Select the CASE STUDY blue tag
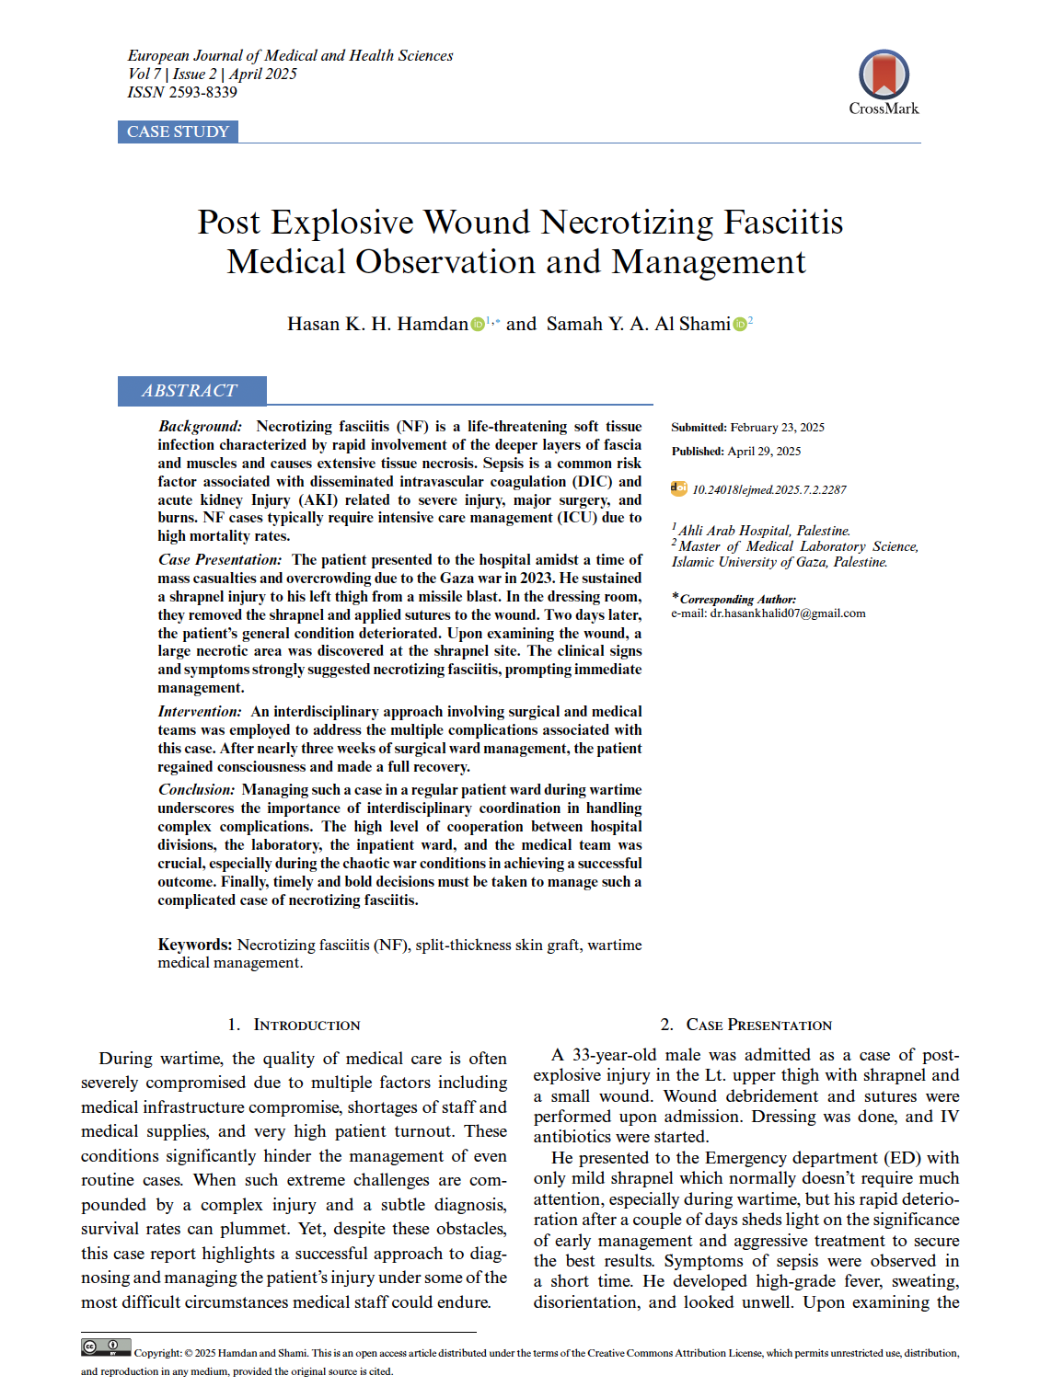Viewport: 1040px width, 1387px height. click(178, 132)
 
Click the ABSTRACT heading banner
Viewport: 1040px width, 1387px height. click(191, 391)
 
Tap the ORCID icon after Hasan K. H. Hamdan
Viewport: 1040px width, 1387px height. click(478, 325)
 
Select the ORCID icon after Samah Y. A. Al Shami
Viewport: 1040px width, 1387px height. click(739, 325)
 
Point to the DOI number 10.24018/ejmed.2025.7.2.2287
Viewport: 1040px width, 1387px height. click(768, 489)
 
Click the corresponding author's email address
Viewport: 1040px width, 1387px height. click(787, 613)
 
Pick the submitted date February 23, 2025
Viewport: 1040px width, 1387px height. click(777, 428)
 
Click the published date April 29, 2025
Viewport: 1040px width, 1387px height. click(764, 452)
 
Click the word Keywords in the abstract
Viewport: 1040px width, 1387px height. click(194, 945)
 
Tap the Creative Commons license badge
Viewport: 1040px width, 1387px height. click(106, 1347)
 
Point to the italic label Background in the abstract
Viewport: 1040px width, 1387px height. click(200, 427)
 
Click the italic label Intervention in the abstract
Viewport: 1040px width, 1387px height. click(200, 712)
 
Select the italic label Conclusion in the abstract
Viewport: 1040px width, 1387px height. click(197, 790)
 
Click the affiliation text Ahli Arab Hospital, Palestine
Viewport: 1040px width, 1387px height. click(764, 531)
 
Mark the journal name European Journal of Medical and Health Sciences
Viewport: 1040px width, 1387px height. click(290, 55)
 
